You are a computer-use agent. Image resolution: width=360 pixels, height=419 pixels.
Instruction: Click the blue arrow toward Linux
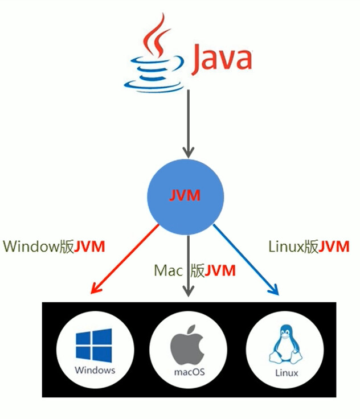pos(247,259)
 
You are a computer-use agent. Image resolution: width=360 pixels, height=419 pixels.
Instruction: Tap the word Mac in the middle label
pos(168,270)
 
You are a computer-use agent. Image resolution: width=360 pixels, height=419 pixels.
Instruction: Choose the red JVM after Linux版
pos(334,247)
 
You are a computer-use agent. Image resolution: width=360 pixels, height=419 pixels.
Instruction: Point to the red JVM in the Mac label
pos(220,270)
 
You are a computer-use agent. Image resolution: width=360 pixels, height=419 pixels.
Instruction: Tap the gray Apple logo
pos(187,345)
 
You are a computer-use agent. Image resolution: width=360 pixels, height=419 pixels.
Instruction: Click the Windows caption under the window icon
pos(95,370)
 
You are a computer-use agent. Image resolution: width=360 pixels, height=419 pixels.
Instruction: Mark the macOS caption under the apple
pos(187,373)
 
